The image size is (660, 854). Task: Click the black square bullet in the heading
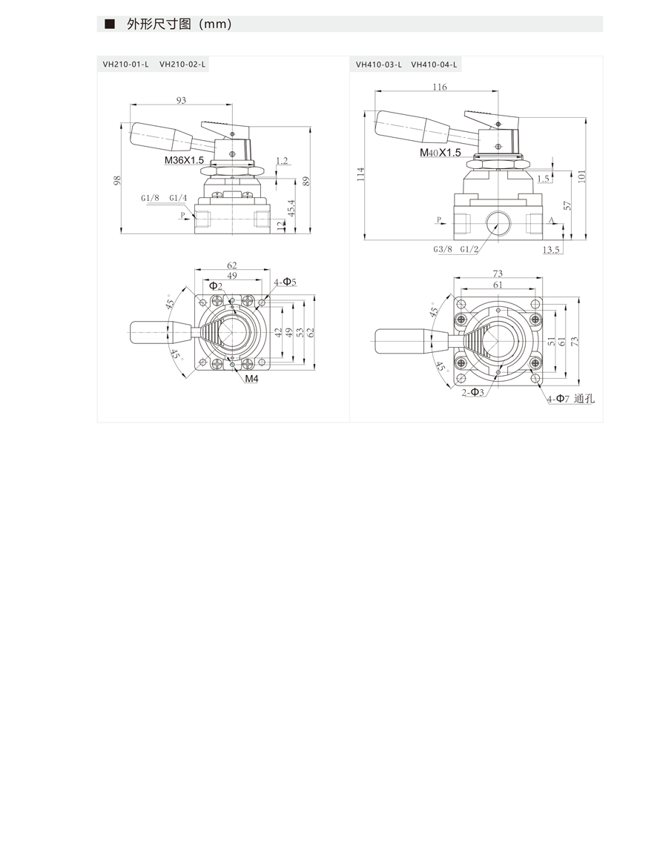110,24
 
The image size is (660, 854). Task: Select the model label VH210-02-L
182,64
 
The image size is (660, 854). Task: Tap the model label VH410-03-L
379,64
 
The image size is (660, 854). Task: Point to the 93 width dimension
181,100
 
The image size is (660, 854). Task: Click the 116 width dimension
439,87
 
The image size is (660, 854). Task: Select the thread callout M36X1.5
184,160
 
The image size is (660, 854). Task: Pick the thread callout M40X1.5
440,153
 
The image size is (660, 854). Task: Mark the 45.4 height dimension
291,208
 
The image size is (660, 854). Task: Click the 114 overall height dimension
360,174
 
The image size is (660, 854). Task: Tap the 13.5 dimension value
551,250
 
